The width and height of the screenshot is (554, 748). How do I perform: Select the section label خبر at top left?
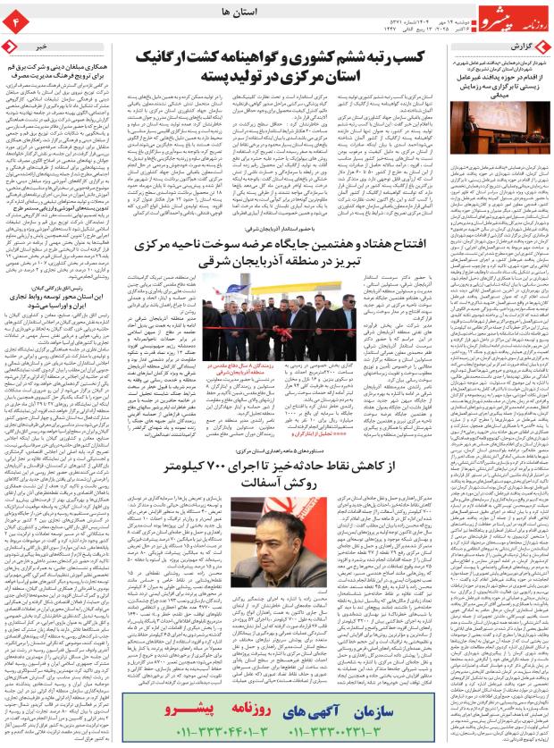point(41,45)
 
